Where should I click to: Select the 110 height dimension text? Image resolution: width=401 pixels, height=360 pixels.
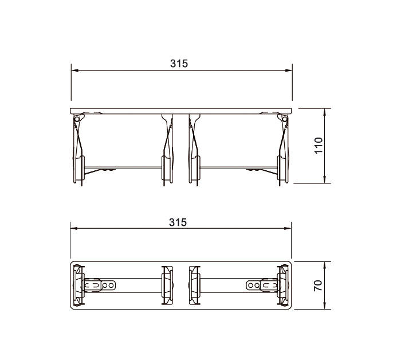319,146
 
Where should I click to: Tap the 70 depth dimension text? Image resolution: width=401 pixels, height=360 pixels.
319,285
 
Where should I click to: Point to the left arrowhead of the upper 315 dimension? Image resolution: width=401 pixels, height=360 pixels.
74,71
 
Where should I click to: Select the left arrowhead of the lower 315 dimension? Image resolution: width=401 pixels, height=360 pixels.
74,229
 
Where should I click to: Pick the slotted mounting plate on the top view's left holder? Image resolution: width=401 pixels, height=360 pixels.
101,285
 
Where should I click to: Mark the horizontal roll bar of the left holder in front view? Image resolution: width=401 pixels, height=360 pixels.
124,167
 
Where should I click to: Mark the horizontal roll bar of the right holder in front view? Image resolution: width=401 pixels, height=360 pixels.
238,167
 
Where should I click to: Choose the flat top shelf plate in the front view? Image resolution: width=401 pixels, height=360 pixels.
181,109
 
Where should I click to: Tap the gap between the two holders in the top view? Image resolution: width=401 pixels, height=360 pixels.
181,285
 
